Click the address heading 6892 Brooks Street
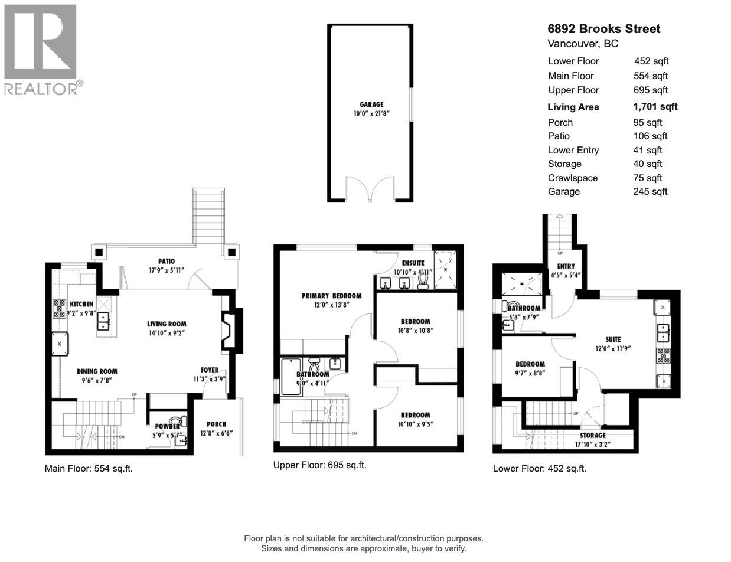[x=604, y=29]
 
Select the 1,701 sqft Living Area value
[x=655, y=107]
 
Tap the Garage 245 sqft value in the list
[x=650, y=191]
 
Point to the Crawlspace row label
[x=572, y=178]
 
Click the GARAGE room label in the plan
[x=371, y=104]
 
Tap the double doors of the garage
[x=370, y=189]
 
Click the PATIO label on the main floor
[x=166, y=261]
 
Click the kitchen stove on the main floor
[x=60, y=308]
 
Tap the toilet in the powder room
[x=183, y=421]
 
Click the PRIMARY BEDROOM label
[x=331, y=296]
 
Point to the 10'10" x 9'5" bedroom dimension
[x=415, y=423]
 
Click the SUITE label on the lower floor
[x=613, y=339]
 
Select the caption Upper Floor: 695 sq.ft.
[x=319, y=465]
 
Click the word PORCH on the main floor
[x=216, y=424]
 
